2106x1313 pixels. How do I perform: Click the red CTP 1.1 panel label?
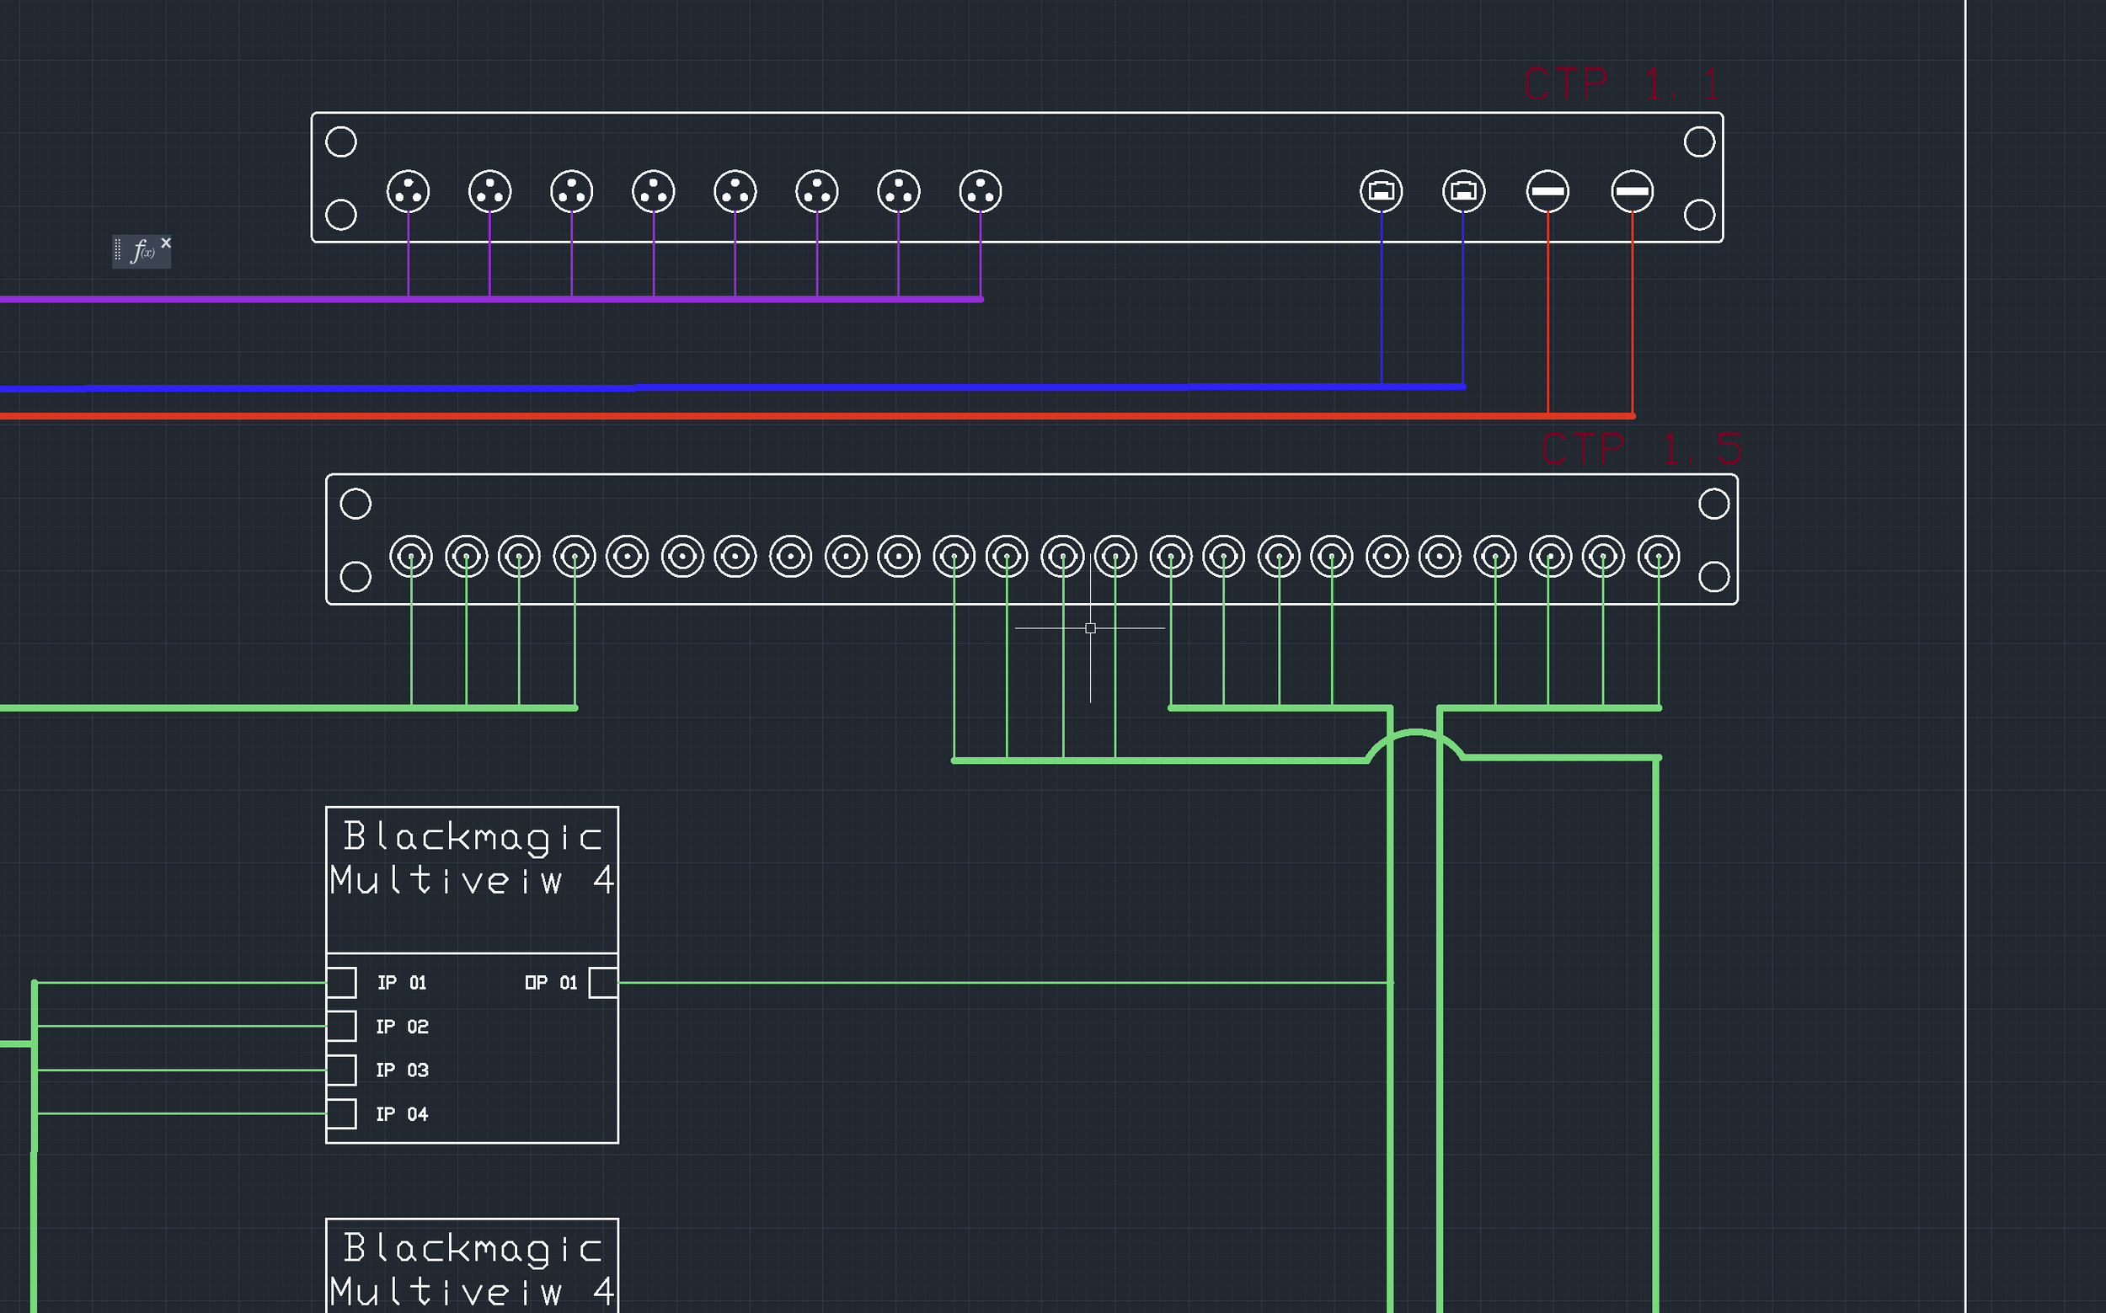(1621, 85)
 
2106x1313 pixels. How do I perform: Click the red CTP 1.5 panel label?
(1640, 450)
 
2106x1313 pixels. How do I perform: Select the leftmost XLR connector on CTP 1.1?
(409, 192)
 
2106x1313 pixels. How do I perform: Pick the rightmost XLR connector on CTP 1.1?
(981, 192)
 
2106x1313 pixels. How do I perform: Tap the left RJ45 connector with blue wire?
(1381, 192)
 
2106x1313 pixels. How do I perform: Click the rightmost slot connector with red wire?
(1632, 192)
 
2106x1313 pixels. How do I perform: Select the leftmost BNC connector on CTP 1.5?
(411, 557)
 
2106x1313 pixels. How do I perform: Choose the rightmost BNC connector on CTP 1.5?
(1659, 557)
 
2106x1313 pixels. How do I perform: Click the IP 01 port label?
(401, 983)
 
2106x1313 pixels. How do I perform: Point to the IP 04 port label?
(401, 1114)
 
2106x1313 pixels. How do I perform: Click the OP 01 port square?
(602, 983)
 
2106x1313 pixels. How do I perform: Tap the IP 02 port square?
(341, 1027)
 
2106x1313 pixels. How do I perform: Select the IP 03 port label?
(401, 1070)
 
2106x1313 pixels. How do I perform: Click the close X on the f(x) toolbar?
(166, 243)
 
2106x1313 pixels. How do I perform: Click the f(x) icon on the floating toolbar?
(142, 252)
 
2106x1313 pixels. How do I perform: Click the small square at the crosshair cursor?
(1091, 627)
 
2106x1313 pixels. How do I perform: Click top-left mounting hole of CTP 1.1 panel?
(340, 141)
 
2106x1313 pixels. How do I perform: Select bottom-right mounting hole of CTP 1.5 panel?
(1713, 577)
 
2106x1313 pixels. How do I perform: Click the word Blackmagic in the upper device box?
(472, 837)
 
